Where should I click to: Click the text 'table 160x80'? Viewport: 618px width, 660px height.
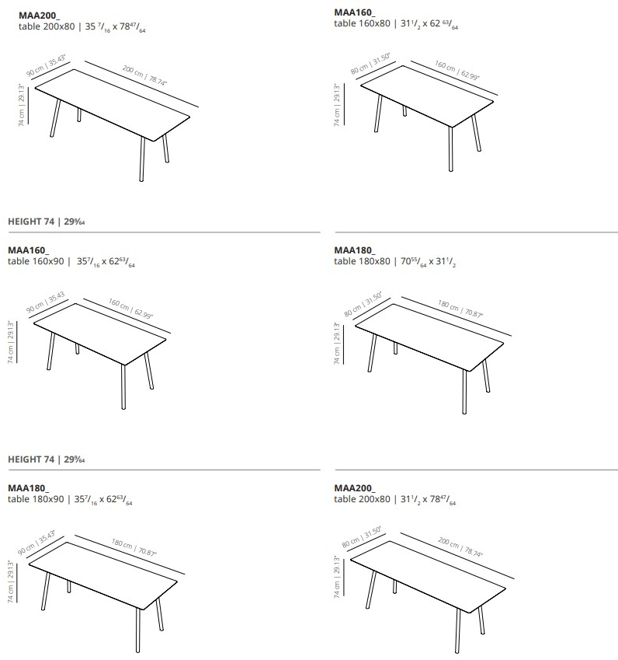[362, 24]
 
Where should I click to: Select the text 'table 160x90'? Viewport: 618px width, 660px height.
[36, 261]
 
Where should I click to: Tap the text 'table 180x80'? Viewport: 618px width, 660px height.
[362, 261]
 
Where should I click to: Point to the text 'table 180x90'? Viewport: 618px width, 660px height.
[36, 498]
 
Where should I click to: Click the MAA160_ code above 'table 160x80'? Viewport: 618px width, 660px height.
[354, 13]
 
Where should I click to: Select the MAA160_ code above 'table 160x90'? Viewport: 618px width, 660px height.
[28, 250]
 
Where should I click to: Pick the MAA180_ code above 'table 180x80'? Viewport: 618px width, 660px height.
[354, 250]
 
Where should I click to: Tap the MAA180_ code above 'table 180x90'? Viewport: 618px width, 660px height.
[28, 487]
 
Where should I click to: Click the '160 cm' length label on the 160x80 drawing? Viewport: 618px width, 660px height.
[445, 68]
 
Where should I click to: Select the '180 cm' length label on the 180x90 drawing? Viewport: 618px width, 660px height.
[122, 543]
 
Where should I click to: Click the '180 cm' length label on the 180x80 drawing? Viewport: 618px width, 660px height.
[449, 303]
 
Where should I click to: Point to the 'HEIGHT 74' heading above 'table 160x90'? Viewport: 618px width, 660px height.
[31, 222]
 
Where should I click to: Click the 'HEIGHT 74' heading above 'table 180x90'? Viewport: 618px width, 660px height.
[31, 459]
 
